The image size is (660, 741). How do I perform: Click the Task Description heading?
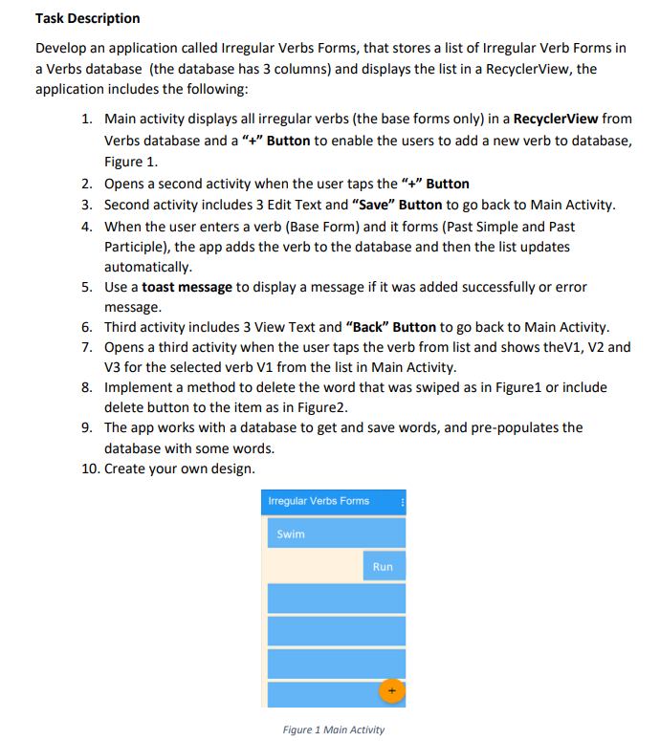(87, 18)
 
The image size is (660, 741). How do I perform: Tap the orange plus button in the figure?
(390, 689)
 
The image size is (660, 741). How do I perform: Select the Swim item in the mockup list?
(291, 534)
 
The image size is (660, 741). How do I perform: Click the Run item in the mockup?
(383, 566)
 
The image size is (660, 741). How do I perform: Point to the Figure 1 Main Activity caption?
(334, 730)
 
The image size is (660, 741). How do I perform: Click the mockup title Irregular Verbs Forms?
(319, 501)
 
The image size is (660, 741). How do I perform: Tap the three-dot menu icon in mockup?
(403, 501)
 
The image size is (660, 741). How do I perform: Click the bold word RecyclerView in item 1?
(556, 120)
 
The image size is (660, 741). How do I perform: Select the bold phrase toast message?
(186, 287)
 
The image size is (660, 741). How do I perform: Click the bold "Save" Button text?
(397, 205)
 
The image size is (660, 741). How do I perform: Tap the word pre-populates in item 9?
(539, 427)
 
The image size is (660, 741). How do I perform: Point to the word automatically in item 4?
(147, 267)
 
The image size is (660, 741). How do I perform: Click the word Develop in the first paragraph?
(60, 48)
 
